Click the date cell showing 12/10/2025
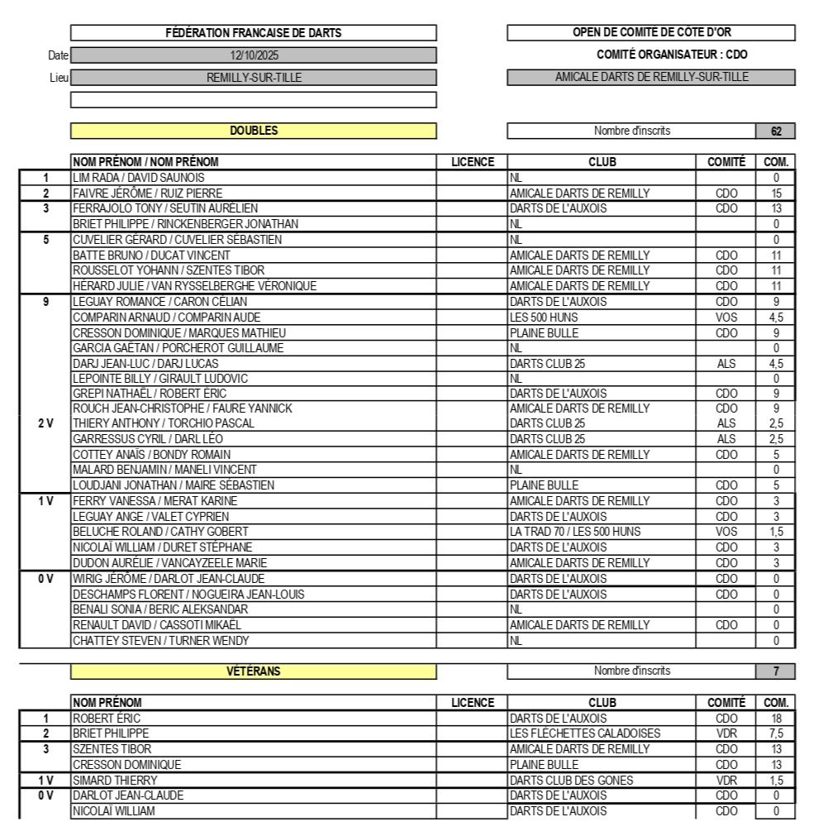(254, 56)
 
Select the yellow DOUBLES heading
(254, 131)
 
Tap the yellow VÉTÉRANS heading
(254, 671)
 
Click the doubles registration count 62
(775, 131)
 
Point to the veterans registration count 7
(775, 671)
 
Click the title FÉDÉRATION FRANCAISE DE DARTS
(254, 33)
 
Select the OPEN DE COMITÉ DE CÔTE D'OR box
(651, 33)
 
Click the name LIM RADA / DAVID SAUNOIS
(138, 178)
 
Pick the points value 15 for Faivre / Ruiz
(776, 193)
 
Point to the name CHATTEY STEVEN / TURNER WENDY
(160, 641)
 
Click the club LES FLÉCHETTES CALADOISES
(585, 733)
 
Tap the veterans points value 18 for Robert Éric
(776, 719)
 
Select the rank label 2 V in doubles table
(45, 423)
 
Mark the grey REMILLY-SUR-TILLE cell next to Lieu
(254, 78)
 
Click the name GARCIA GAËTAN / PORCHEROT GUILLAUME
(178, 348)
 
